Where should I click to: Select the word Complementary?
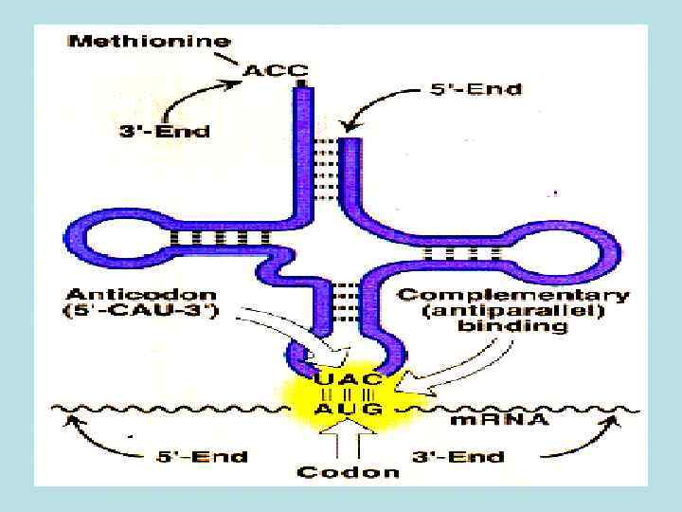511,295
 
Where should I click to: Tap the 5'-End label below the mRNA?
202,457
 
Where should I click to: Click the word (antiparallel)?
511,312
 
